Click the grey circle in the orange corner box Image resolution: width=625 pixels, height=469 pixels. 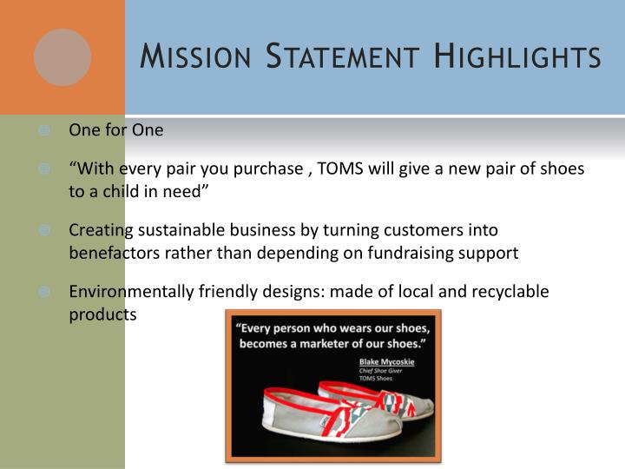(x=62, y=57)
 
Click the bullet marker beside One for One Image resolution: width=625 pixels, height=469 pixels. (x=44, y=131)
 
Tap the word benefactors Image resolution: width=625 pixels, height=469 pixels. (x=110, y=253)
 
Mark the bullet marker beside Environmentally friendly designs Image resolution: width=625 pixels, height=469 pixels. (x=44, y=293)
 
